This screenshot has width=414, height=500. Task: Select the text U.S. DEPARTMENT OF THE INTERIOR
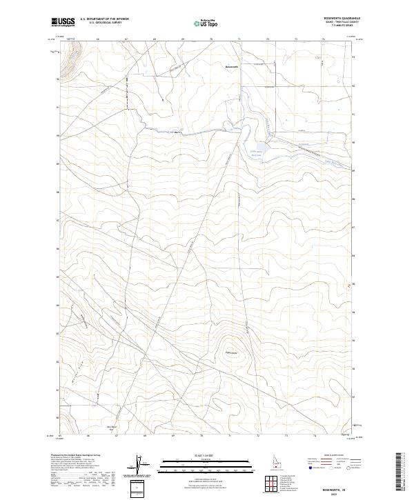(x=105, y=19)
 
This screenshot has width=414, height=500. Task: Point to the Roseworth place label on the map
(x=232, y=66)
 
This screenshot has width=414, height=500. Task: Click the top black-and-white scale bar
(x=199, y=461)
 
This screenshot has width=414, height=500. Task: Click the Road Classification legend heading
(x=331, y=456)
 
